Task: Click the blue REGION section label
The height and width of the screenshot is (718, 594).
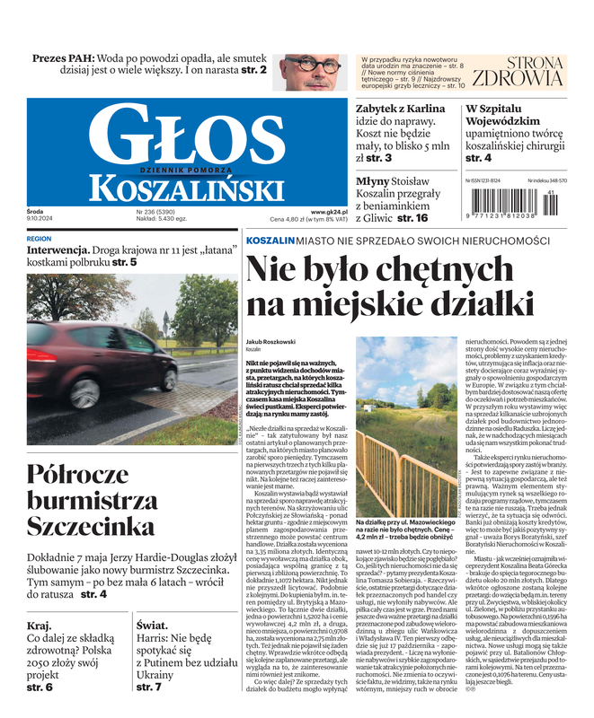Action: pos(40,240)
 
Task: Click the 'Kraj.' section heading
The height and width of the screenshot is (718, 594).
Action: pos(40,626)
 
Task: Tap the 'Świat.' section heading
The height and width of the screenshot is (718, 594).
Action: pos(152,626)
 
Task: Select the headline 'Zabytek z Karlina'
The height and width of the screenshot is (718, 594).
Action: pos(401,108)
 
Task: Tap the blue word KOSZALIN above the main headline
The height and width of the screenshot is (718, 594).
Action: pos(270,241)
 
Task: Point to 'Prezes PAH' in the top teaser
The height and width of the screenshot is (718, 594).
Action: pos(64,58)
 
